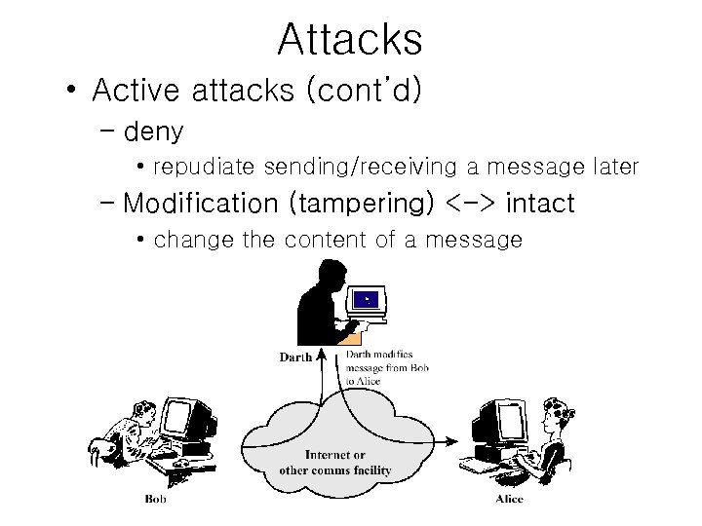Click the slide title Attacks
pos(350,40)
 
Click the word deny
pos(154,131)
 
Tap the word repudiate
pos(205,168)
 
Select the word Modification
pos(201,204)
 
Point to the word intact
pos(540,204)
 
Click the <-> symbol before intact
pos(472,204)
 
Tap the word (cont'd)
pos(363,91)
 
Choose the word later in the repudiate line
pos(614,168)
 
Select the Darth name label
pos(295,357)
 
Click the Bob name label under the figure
pos(155,500)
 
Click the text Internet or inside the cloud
pos(334,455)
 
